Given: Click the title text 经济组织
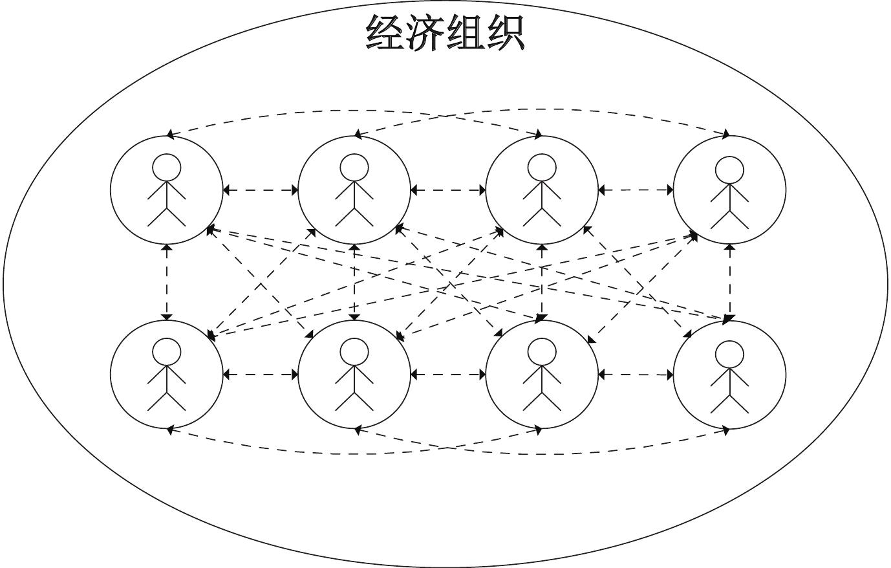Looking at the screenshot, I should (x=445, y=32).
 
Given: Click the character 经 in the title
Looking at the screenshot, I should (x=385, y=32).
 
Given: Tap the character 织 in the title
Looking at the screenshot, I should (x=504, y=32).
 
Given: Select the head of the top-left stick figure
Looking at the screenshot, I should (x=166, y=167).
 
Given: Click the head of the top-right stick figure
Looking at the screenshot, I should (x=729, y=168).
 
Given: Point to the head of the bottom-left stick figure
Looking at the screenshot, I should (x=166, y=352).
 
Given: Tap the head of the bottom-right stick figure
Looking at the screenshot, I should (x=729, y=353).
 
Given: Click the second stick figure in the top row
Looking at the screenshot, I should (x=354, y=191).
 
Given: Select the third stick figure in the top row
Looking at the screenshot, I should (x=542, y=191).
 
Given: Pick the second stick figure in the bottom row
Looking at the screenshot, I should (x=354, y=375).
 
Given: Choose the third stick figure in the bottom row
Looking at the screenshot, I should (x=542, y=375).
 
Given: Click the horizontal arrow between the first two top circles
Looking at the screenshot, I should (x=260, y=190).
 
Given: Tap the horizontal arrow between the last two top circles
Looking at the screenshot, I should (x=636, y=190).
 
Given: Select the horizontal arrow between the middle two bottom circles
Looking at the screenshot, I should (x=448, y=374).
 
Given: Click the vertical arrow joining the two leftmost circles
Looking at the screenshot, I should (x=167, y=282).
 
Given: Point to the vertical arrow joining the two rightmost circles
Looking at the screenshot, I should (x=730, y=282).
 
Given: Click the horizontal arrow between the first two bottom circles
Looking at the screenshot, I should (x=260, y=374).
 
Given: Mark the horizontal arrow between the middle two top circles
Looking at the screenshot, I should (x=448, y=190).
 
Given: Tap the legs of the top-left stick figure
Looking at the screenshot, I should (x=166, y=217).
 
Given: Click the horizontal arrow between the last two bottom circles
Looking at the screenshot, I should (x=636, y=374).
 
